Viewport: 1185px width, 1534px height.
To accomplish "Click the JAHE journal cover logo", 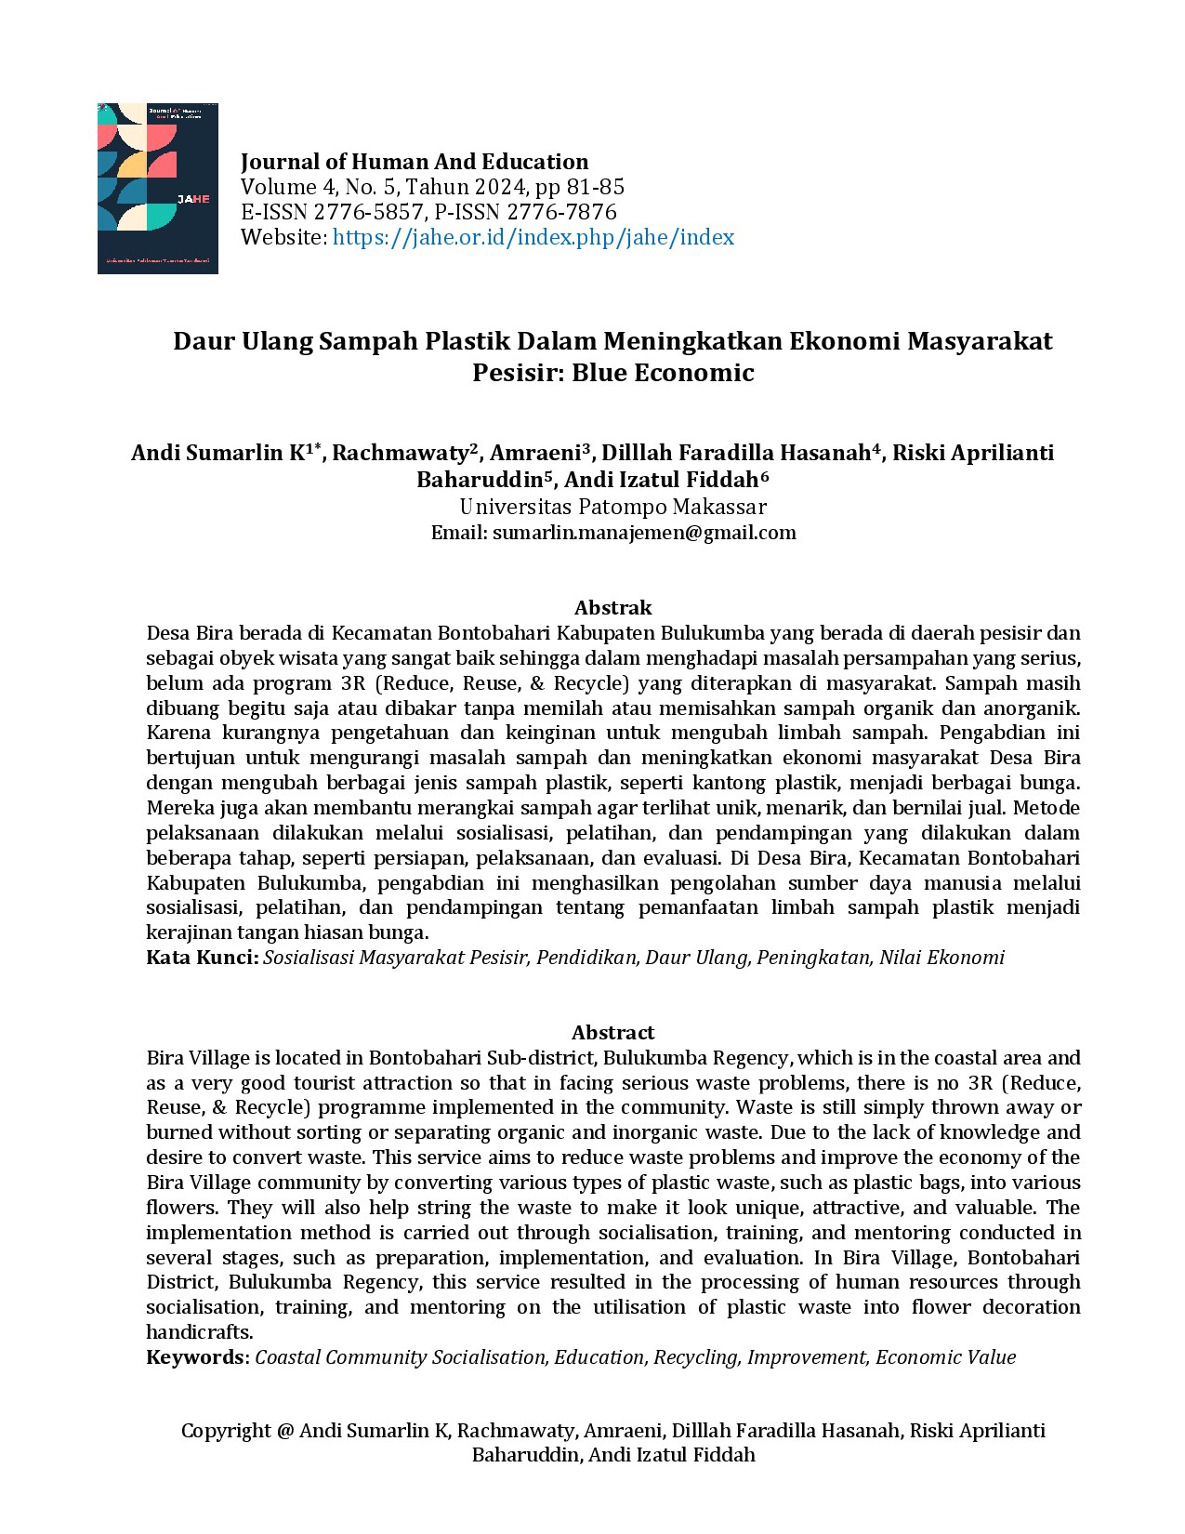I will point(157,188).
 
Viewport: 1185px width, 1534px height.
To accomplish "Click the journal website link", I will point(533,237).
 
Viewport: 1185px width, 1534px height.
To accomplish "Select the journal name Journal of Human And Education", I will point(414,162).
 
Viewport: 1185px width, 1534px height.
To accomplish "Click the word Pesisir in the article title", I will point(515,373).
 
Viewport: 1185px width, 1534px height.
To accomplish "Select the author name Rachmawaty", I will point(401,453).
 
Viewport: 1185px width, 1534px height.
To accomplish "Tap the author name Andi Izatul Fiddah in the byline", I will point(661,480).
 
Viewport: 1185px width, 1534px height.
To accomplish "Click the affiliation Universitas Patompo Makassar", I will point(612,507).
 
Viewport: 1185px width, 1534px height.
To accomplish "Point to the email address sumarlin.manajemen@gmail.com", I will point(644,533).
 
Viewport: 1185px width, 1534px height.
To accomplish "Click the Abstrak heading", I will point(612,608).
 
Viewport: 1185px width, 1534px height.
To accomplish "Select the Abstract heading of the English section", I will point(612,1033).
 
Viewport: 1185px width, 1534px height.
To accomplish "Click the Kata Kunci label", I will point(202,958).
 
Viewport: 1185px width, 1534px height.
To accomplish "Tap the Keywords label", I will point(195,1357).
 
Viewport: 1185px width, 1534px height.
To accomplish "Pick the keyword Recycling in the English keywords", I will point(695,1357).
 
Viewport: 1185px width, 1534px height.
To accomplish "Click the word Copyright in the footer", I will point(226,1431).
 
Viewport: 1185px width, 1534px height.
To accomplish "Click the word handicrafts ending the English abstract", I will point(199,1332).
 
